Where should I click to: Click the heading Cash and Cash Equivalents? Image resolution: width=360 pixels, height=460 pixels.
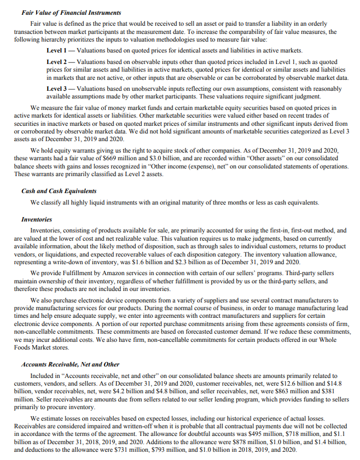pyautogui.click(x=59, y=191)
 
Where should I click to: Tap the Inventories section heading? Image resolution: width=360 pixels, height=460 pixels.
pyautogui.click(x=37, y=220)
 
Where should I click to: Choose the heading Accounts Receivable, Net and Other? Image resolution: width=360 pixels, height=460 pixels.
pyautogui.click(x=70, y=364)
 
